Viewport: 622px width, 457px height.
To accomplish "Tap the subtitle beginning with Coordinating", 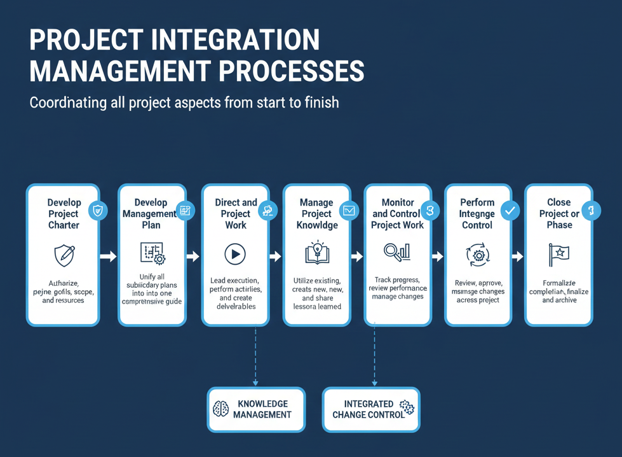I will pyautogui.click(x=184, y=102).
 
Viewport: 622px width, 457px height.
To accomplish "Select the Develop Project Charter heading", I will pyautogui.click(x=64, y=214).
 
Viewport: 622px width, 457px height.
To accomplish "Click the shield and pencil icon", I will pyautogui.click(x=64, y=255).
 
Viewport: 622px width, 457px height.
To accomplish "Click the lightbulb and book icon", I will pyautogui.click(x=316, y=253).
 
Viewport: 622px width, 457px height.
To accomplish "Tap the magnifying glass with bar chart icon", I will pyautogui.click(x=397, y=253).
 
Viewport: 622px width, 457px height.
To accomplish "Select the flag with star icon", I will pyautogui.click(x=558, y=255).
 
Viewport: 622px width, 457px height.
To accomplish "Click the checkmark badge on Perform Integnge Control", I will pyautogui.click(x=510, y=210).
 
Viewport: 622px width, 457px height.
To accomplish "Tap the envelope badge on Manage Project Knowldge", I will pyautogui.click(x=349, y=210).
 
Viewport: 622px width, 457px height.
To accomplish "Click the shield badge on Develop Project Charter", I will pyautogui.click(x=97, y=210).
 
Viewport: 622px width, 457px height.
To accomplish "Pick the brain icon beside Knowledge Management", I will pyautogui.click(x=220, y=409).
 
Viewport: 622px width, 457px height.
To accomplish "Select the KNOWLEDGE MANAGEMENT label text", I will pyautogui.click(x=262, y=409).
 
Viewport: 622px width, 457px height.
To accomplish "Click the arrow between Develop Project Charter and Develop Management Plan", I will pyautogui.click(x=109, y=257).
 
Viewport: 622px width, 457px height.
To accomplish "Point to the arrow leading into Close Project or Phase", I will pyautogui.click(x=517, y=257).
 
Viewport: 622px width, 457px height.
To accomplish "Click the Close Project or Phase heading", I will pyautogui.click(x=559, y=214).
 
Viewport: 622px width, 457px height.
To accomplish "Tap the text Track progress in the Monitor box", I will pyautogui.click(x=397, y=279).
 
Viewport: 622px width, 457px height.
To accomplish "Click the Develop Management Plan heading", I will pyautogui.click(x=151, y=214).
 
